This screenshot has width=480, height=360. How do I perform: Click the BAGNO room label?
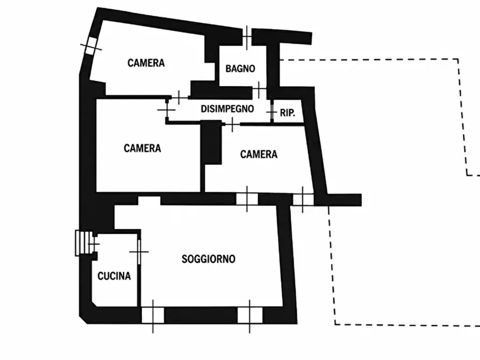(240, 69)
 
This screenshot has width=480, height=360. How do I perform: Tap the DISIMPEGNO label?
(227, 109)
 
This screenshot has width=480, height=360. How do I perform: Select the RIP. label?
(288, 113)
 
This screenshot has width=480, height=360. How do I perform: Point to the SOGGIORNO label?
(209, 259)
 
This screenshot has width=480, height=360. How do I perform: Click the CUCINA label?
(114, 276)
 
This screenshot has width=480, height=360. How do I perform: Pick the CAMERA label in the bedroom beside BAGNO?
(146, 63)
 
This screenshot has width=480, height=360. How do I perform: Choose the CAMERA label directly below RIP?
(259, 154)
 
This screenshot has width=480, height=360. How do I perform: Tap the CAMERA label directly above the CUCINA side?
(142, 148)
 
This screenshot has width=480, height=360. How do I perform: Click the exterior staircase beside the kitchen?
(83, 243)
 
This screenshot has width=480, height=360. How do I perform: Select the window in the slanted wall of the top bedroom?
(91, 46)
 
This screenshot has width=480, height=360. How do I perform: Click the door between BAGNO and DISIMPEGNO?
(259, 89)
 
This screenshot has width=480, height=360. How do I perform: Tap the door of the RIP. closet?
(272, 112)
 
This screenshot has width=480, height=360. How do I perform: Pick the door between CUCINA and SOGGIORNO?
(139, 252)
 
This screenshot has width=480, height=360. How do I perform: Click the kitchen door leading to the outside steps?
(94, 244)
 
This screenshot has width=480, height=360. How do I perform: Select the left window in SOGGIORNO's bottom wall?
(153, 315)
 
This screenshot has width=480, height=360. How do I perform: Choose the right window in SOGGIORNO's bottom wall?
(250, 315)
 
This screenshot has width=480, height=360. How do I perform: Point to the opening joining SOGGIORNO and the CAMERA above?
(247, 199)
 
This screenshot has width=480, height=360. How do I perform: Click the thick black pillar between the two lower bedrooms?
(211, 142)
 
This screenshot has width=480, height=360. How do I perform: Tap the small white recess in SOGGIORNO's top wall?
(149, 201)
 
